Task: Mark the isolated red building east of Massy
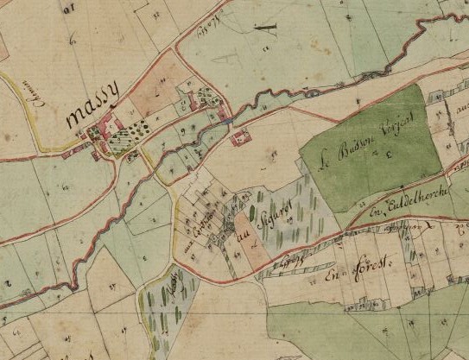coord(240,135)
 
